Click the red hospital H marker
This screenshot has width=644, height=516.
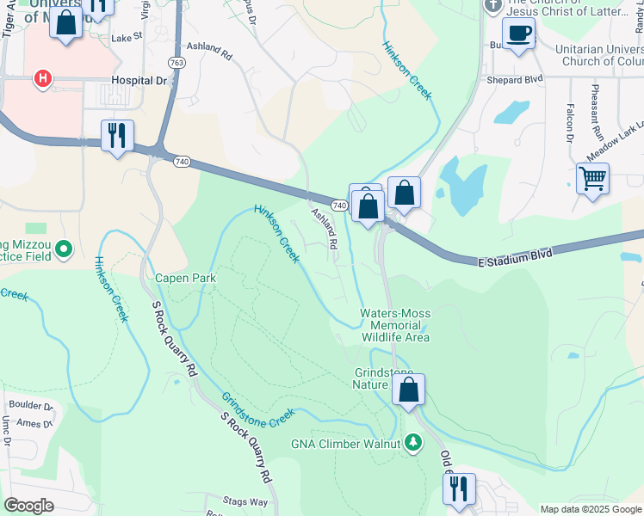(x=41, y=79)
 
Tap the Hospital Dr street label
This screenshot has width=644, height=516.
(x=139, y=79)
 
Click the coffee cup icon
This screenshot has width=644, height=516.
(x=518, y=34)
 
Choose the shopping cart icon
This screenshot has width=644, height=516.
(x=592, y=179)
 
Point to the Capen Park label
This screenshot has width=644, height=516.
(x=185, y=279)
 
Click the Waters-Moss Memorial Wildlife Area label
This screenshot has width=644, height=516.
(x=394, y=325)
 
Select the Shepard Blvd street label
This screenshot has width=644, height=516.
(x=516, y=79)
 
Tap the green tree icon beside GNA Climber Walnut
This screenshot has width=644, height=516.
(x=415, y=442)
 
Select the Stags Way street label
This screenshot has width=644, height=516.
(x=245, y=501)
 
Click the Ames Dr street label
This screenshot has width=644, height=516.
(x=35, y=422)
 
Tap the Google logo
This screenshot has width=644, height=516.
(x=29, y=506)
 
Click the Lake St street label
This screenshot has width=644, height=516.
(x=127, y=38)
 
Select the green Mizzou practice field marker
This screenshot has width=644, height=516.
(x=63, y=250)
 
